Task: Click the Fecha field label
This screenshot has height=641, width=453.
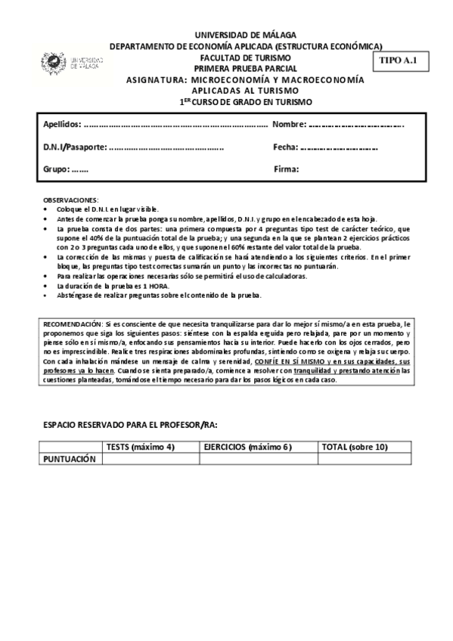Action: click(285, 147)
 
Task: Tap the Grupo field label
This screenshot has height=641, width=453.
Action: click(57, 169)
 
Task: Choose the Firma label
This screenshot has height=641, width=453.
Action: click(287, 169)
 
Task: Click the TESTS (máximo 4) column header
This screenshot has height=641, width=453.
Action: click(141, 447)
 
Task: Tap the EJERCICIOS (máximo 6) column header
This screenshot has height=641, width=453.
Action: click(247, 447)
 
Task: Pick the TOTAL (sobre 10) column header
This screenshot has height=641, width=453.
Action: click(355, 447)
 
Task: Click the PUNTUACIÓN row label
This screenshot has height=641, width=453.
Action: click(70, 459)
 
